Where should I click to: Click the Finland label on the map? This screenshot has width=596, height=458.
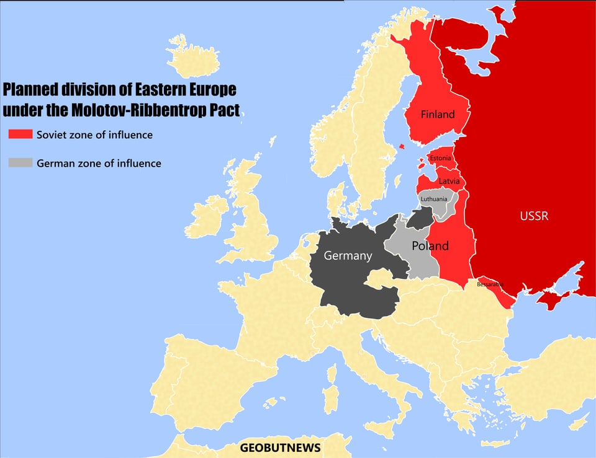(x=438, y=114)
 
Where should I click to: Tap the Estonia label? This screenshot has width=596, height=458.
(x=440, y=159)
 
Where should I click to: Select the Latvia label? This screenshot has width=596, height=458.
(x=449, y=181)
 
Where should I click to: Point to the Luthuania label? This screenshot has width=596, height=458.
(x=433, y=199)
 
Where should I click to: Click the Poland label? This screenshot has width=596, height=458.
(x=430, y=246)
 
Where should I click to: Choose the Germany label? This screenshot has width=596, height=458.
(x=348, y=255)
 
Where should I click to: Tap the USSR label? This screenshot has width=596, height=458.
(x=534, y=216)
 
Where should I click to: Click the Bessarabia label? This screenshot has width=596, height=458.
(x=490, y=284)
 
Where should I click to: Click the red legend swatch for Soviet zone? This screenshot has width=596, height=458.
(x=19, y=134)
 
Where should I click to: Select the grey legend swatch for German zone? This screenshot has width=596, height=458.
(x=19, y=163)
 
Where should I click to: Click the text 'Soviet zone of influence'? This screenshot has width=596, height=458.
(x=94, y=134)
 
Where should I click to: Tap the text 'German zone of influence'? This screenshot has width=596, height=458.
(x=99, y=164)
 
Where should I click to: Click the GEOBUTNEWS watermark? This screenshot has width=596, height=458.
(x=281, y=447)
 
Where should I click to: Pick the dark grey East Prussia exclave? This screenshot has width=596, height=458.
(x=421, y=218)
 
